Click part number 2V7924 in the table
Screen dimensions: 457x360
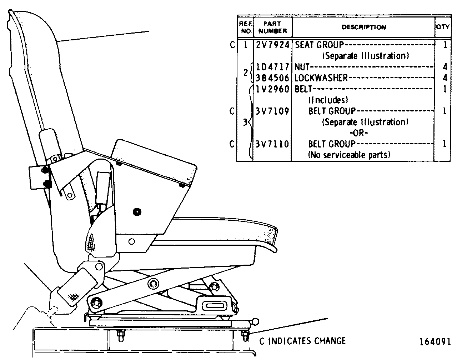click(273, 45)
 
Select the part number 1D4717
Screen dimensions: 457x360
click(273, 67)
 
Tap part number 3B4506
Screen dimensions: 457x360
click(273, 78)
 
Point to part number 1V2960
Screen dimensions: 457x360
click(273, 89)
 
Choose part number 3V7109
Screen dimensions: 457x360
click(272, 111)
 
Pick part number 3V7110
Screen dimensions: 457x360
click(272, 144)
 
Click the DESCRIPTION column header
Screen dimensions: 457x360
click(364, 27)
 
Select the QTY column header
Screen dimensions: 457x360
click(443, 27)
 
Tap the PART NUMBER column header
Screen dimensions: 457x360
click(272, 27)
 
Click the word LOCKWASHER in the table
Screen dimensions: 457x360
click(321, 78)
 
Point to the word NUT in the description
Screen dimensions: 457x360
click(302, 67)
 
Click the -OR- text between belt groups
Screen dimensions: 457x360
click(359, 133)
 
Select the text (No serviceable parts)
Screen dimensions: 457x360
click(349, 155)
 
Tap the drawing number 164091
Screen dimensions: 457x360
click(435, 342)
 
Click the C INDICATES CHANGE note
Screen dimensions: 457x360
click(302, 341)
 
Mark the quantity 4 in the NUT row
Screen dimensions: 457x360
click(445, 67)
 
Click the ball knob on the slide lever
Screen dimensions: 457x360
click(256, 321)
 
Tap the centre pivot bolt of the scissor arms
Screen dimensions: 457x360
click(153, 284)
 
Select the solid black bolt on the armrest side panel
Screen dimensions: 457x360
click(137, 212)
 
